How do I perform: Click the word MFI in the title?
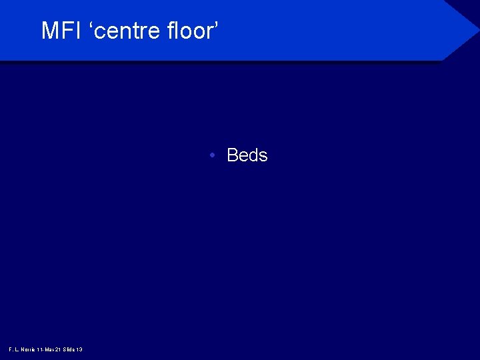(x=62, y=31)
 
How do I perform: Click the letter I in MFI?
(x=78, y=31)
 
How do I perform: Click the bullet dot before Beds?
(x=211, y=156)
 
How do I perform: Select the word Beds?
(x=247, y=155)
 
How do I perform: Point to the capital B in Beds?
(x=233, y=155)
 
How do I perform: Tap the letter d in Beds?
(x=253, y=155)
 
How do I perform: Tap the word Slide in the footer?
(x=69, y=349)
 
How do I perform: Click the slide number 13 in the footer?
(x=79, y=349)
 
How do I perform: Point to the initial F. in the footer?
(x=10, y=349)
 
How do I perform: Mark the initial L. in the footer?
(x=16, y=349)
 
